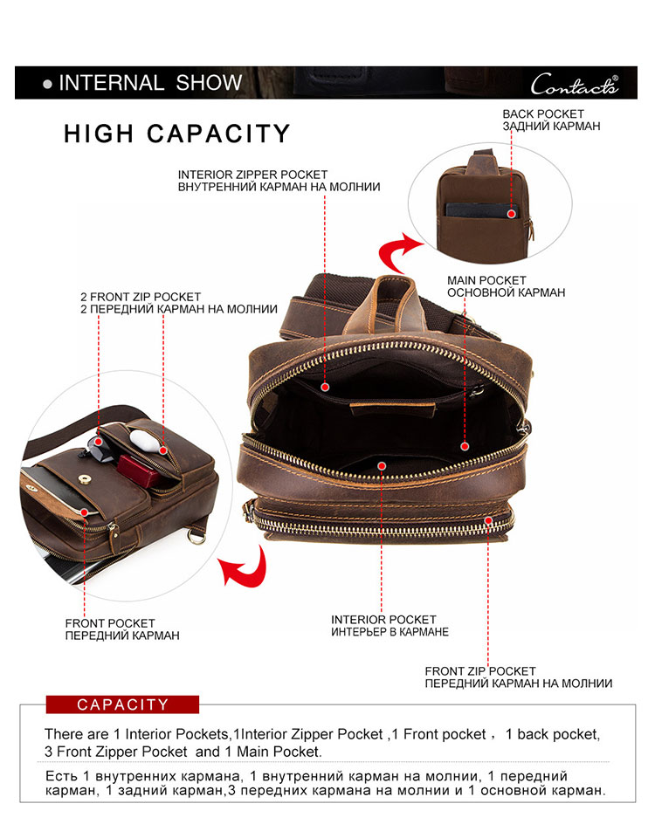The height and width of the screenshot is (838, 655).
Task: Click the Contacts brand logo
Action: pyautogui.click(x=575, y=85)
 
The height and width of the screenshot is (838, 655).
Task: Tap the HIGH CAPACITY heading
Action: pyautogui.click(x=177, y=134)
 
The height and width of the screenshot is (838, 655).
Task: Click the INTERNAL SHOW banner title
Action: pyautogui.click(x=150, y=83)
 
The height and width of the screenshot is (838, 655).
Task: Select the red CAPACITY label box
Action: pyautogui.click(x=122, y=704)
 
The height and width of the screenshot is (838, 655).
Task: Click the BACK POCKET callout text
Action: pyautogui.click(x=551, y=120)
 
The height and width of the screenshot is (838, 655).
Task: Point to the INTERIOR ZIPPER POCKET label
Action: pyautogui.click(x=279, y=181)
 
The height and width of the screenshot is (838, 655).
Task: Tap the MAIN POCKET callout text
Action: pyautogui.click(x=506, y=286)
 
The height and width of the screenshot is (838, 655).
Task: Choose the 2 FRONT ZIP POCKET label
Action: pyautogui.click(x=178, y=303)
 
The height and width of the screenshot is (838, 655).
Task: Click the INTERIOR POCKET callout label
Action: pyautogui.click(x=390, y=626)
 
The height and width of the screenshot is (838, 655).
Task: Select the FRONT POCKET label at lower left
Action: pyautogui.click(x=122, y=629)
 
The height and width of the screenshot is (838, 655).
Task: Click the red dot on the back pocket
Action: pyautogui.click(x=511, y=214)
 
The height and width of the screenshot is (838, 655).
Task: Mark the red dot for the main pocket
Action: pyautogui.click(x=465, y=446)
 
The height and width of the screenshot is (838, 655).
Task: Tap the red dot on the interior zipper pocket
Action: pyautogui.click(x=325, y=387)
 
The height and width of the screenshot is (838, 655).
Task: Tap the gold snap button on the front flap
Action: pyautogui.click(x=84, y=479)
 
